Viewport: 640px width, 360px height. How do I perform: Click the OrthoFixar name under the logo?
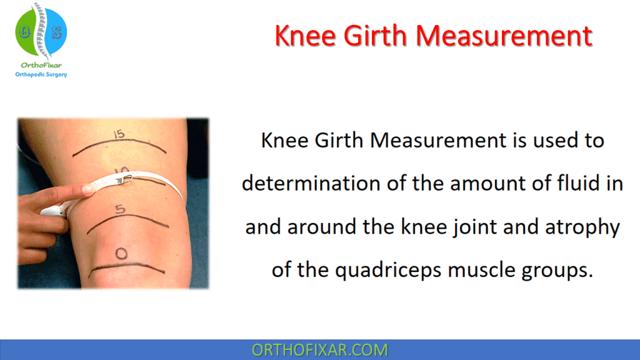tap(41, 65)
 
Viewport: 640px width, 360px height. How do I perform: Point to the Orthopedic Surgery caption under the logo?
tap(41, 75)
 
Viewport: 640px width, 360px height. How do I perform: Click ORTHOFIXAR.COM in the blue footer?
tap(319, 350)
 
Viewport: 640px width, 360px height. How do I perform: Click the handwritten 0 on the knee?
tap(122, 253)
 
